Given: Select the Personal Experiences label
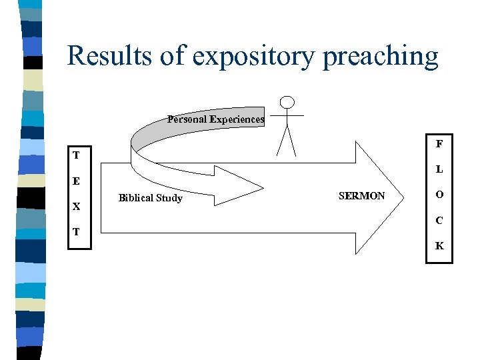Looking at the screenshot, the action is pyautogui.click(x=215, y=119).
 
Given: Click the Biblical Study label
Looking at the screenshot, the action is pyautogui.click(x=150, y=198).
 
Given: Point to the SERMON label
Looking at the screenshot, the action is pyautogui.click(x=361, y=196).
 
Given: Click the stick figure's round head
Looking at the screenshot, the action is pyautogui.click(x=287, y=103).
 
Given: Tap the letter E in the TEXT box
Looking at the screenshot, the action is pyautogui.click(x=77, y=181).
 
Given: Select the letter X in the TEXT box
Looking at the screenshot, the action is pyautogui.click(x=77, y=207).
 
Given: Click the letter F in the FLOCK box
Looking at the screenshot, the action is pyautogui.click(x=439, y=144).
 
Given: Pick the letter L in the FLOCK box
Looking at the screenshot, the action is pyautogui.click(x=439, y=169).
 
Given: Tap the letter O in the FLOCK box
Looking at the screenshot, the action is pyautogui.click(x=439, y=195).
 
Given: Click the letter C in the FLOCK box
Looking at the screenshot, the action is pyautogui.click(x=439, y=220).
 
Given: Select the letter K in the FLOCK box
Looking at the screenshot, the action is pyautogui.click(x=439, y=245).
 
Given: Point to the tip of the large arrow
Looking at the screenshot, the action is pyautogui.click(x=403, y=194).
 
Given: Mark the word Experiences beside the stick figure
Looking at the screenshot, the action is pyautogui.click(x=237, y=119).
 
